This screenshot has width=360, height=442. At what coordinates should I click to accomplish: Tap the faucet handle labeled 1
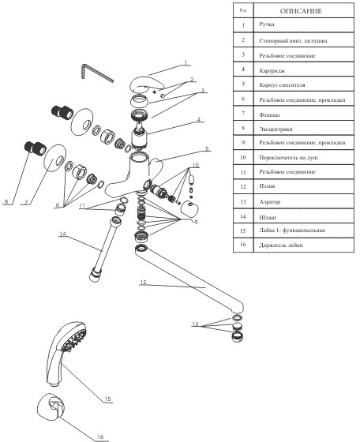pos(147,84)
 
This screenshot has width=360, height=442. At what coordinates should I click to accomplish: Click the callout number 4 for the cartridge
pos(199,120)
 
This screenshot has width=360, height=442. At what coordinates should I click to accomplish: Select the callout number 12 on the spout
pos(143,283)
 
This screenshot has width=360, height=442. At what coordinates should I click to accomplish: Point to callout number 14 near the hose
pos(62,234)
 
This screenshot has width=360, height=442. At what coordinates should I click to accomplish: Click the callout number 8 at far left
pos(6,201)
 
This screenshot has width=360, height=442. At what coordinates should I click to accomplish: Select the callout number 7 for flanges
pos(26,202)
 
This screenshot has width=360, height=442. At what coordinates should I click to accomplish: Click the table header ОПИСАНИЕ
pos(301,11)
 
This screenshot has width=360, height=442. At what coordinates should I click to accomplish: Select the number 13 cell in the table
pos(243,201)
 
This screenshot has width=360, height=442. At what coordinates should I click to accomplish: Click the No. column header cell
pos(243,10)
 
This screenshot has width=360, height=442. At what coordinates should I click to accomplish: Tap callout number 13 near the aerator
pos(195,324)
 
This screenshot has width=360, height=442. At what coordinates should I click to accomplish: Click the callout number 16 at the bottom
pos(100,436)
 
